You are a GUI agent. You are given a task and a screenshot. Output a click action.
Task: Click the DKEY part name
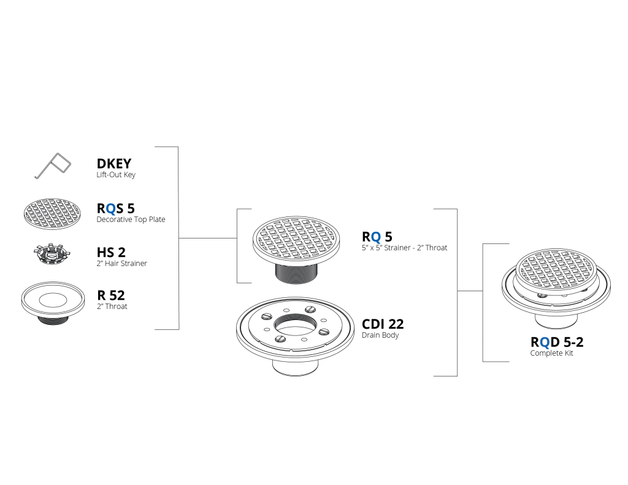coord(113,163)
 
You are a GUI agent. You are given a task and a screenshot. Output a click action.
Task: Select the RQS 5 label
coord(116,208)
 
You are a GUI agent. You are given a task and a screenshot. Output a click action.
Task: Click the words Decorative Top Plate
coord(131,220)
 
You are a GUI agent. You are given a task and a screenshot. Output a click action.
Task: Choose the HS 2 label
coord(111,253)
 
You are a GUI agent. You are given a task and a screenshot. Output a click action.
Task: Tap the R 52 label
coord(111,295)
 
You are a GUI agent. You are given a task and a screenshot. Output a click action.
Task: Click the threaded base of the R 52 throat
coord(53,319)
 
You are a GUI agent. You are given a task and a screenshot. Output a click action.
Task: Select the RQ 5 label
coord(377,237)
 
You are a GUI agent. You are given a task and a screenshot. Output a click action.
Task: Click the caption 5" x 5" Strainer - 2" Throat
coord(405,248)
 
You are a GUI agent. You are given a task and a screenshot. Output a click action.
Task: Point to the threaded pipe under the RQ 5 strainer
coord(296,273)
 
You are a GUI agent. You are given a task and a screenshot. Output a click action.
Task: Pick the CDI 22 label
coord(383,324)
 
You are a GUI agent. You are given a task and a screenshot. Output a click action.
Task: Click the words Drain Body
coord(380,335)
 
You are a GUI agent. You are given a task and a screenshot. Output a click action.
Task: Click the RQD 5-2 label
coord(557,342)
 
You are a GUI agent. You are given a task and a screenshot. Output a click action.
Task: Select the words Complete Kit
coord(551,353)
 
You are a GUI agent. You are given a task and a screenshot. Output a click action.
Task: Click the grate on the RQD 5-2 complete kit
coord(556,270)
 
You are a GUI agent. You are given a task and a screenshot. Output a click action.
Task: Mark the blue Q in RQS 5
coord(112,208)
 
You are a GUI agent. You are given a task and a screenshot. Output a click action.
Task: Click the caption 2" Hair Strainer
coord(122,264)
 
